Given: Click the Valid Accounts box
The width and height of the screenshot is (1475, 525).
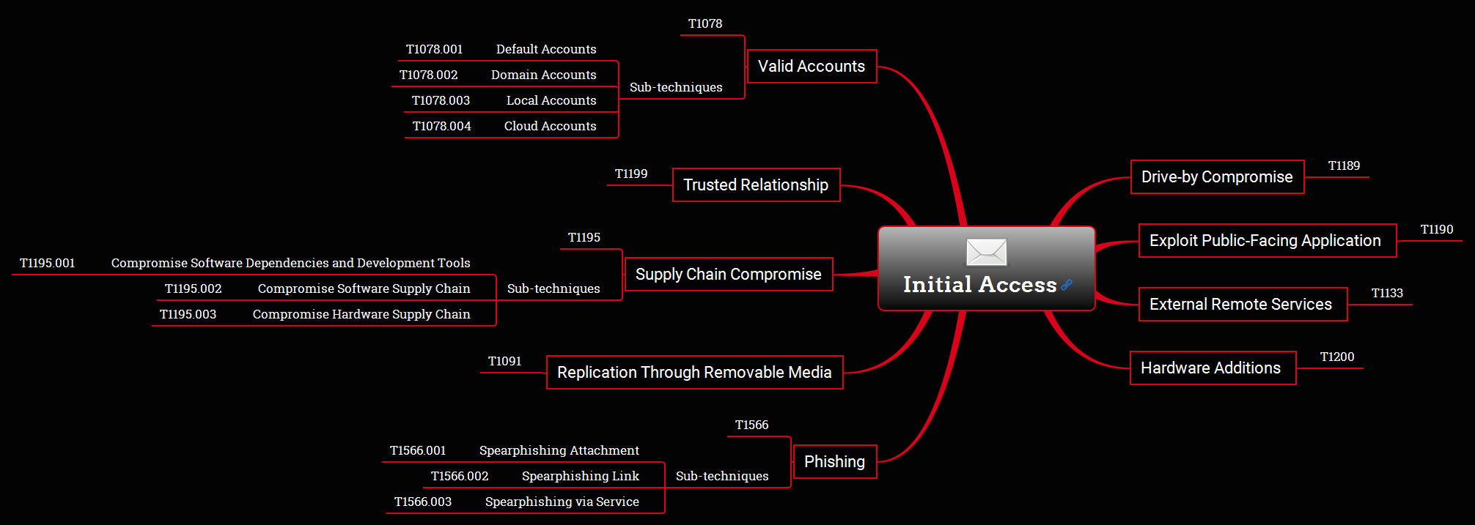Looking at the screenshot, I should pos(812,67).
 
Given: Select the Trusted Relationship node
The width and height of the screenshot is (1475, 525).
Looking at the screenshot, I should pos(756,185).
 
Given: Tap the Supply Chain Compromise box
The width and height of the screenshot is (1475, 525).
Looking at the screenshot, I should pos(728,275).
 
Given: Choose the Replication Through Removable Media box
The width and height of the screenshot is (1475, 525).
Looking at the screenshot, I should pos(694,373).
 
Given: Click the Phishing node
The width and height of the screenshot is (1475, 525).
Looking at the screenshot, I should pos(834,462).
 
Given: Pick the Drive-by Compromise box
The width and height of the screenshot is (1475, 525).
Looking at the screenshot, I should pos(1217,177).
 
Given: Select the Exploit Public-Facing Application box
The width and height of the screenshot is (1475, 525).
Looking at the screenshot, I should pos(1267,241).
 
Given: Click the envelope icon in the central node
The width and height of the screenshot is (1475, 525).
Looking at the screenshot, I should pos(986,253).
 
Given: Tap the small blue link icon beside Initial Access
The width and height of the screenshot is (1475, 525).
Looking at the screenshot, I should pos(1067,285).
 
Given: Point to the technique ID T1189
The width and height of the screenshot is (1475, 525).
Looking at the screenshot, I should pos(1344,166).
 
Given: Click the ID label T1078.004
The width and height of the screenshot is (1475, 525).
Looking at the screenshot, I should pos(441,127).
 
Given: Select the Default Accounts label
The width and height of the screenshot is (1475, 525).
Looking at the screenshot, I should pos(546,50).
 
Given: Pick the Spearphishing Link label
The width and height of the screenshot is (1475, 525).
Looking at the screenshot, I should pos(580,477).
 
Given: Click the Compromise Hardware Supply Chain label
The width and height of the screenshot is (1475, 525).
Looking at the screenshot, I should pos(361,315).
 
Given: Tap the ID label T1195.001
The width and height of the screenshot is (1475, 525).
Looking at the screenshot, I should pos(48,264).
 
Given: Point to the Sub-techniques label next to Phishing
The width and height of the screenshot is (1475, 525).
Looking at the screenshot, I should pos(722,477).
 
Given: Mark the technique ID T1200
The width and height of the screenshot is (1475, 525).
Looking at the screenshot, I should pos(1337,357).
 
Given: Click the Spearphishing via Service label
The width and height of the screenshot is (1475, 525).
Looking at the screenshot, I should pos(562,502).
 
